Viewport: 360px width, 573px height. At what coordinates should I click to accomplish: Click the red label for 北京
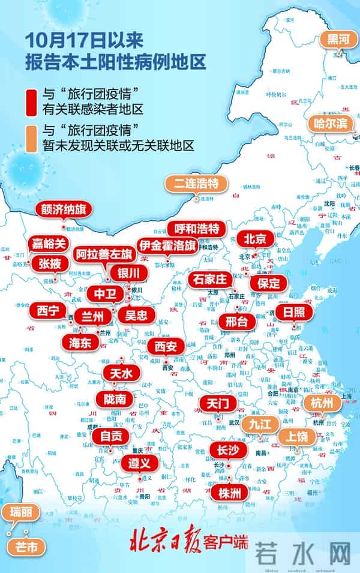(x=254, y=238)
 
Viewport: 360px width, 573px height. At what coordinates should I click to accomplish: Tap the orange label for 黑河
(x=337, y=39)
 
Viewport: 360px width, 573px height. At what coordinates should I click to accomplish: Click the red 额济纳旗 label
(x=63, y=210)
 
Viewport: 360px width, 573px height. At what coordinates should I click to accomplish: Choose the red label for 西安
(x=166, y=346)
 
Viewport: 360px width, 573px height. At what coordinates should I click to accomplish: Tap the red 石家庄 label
(x=208, y=280)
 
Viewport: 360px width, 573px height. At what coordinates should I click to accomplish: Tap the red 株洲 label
(x=229, y=493)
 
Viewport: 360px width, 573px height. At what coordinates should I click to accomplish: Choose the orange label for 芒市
(x=26, y=547)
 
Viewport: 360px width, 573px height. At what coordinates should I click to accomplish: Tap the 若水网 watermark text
(x=303, y=553)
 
